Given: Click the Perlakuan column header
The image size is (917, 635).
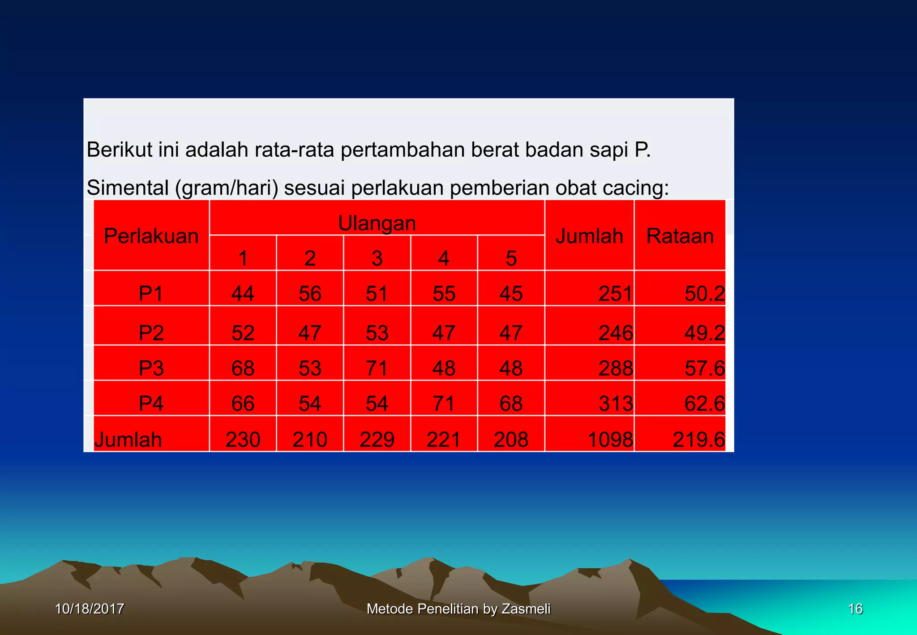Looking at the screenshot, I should click(151, 236).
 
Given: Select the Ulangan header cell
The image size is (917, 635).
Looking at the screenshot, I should click(377, 223).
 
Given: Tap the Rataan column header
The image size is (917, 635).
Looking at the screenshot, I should click(680, 236).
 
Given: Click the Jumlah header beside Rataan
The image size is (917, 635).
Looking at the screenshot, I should click(589, 236).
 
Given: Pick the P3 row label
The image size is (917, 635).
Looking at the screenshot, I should click(151, 368).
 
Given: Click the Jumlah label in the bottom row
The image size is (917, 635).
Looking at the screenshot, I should click(128, 439).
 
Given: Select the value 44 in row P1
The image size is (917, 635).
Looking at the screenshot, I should click(243, 294).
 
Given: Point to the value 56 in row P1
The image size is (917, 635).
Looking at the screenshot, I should click(310, 294).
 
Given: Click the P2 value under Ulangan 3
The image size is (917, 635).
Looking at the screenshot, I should click(377, 333).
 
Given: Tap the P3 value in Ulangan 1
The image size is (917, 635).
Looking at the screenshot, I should click(243, 368).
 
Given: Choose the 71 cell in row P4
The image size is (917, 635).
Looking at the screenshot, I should click(444, 403).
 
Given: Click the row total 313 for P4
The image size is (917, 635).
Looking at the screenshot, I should click(616, 403).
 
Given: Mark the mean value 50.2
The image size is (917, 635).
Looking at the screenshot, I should click(704, 294).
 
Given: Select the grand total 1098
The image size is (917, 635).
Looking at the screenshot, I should click(610, 439).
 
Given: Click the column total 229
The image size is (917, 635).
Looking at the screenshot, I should click(377, 439).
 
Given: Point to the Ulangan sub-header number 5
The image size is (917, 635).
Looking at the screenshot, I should click(511, 258).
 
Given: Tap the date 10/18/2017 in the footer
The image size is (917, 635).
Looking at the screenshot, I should click(89, 609).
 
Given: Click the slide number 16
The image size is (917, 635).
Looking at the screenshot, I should click(855, 609).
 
